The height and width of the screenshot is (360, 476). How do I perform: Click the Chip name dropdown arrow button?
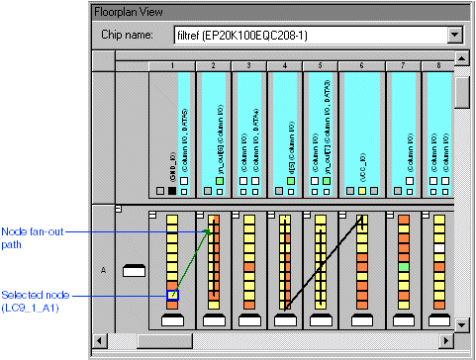click(x=455, y=36)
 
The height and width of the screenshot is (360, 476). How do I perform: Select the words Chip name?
click(x=129, y=36)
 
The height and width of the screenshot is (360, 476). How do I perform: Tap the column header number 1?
click(x=172, y=65)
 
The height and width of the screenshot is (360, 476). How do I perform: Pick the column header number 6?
click(x=361, y=65)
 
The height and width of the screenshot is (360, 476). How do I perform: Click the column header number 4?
click(x=285, y=65)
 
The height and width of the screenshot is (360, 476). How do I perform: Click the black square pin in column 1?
click(x=172, y=191)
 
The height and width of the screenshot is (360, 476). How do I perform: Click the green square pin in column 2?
click(x=220, y=180)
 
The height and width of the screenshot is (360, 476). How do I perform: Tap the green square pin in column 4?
click(x=285, y=180)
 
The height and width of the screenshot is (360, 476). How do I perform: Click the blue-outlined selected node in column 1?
click(x=172, y=295)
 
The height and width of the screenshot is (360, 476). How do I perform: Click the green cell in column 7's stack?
click(x=403, y=268)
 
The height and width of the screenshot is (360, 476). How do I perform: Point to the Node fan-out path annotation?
click(x=26, y=238)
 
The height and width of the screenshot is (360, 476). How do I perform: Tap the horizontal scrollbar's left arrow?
click(x=98, y=341)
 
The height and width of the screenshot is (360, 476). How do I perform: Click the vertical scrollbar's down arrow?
click(x=461, y=323)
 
